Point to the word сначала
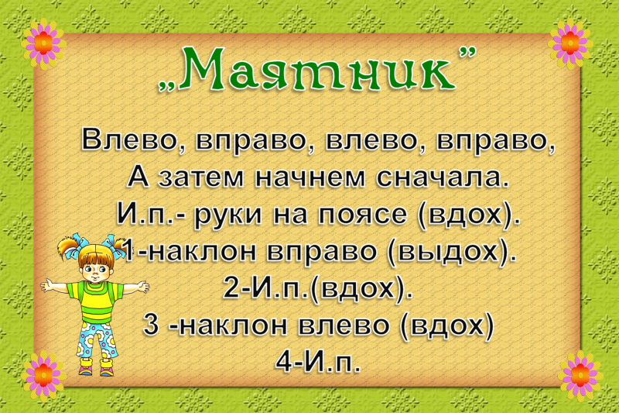pyautogui.click(x=442, y=178)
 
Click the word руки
pyautogui.click(x=228, y=215)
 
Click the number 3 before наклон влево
pyautogui.click(x=150, y=325)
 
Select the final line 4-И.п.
pyautogui.click(x=318, y=362)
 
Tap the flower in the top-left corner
pyautogui.click(x=43, y=43)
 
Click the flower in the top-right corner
pyautogui.click(x=569, y=43)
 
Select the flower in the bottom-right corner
pyautogui.click(x=580, y=374)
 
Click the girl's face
pyautogui.click(x=94, y=270)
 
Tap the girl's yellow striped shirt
pyautogui.click(x=94, y=302)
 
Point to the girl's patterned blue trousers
pyautogui.click(x=94, y=340)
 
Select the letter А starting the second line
pyautogui.click(x=139, y=177)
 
